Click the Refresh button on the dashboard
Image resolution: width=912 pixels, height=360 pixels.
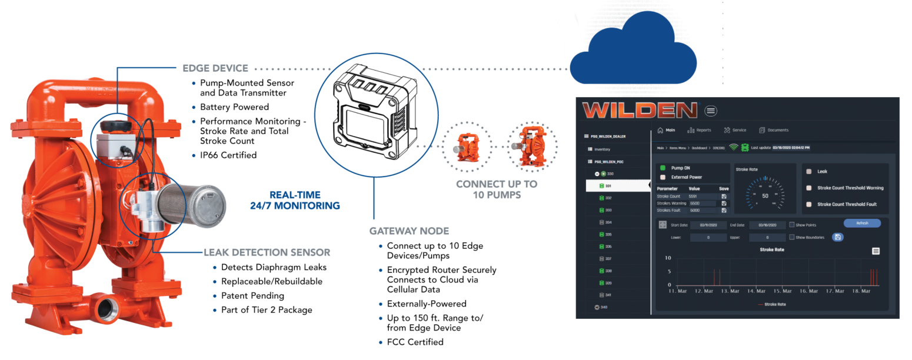[861, 224]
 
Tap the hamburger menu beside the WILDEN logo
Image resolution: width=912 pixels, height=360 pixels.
[711, 111]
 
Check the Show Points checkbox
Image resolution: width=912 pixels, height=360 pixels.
[792, 225]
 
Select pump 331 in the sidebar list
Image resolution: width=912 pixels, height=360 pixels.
[608, 186]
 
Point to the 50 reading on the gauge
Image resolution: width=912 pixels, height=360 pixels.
[765, 195]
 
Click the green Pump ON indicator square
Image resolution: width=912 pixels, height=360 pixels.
[663, 168]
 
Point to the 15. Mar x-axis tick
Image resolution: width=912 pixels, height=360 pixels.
[783, 291]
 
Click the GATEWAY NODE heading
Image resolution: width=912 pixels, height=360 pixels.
[409, 231]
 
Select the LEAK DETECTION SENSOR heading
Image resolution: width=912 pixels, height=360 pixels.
[267, 252]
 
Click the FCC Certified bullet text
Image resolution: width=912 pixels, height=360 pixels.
[415, 342]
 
